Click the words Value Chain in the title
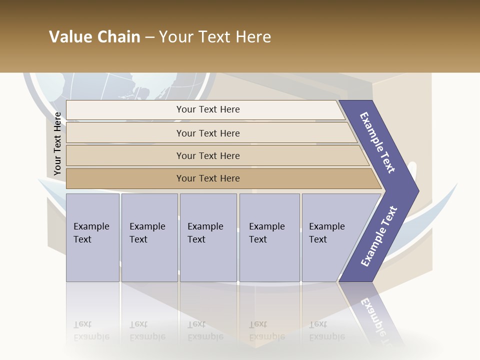(x=94, y=36)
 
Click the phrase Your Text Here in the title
(x=215, y=36)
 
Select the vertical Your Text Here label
(x=58, y=143)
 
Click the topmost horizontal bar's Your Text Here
(x=208, y=109)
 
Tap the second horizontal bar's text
(x=208, y=133)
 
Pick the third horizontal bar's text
(x=208, y=156)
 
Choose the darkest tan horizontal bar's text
(x=208, y=178)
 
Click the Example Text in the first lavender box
(x=91, y=233)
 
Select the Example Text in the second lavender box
(x=147, y=233)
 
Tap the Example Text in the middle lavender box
(x=205, y=233)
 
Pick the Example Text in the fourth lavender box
(x=266, y=233)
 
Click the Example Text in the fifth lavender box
(x=326, y=233)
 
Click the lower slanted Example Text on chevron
(x=379, y=236)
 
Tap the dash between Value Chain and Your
(x=149, y=37)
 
